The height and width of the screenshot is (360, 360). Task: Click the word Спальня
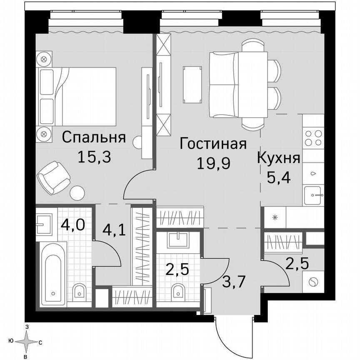click(x=94, y=137)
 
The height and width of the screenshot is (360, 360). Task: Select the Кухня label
click(x=278, y=159)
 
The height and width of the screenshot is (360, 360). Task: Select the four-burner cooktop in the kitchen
click(x=313, y=138)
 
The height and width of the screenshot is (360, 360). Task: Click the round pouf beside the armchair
click(x=77, y=193)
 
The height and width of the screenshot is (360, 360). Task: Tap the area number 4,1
click(x=112, y=230)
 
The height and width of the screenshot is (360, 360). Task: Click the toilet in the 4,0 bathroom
click(x=78, y=292)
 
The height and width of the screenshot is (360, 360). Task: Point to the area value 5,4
click(x=278, y=179)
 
